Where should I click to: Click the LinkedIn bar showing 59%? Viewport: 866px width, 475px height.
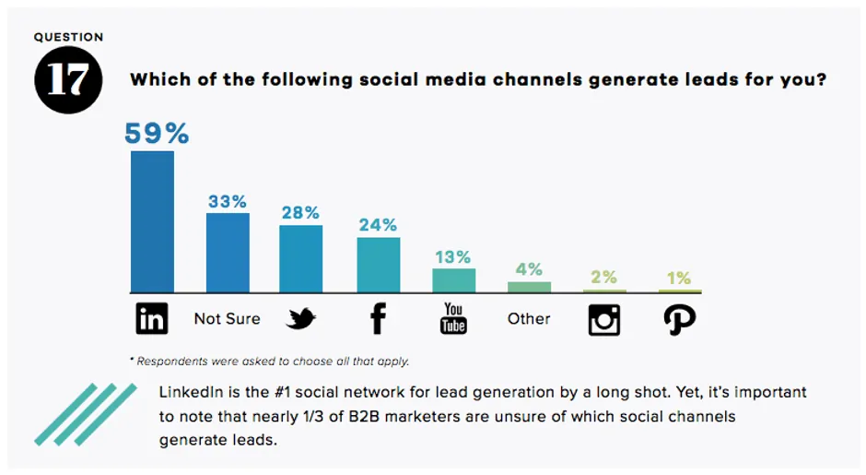[x=152, y=221]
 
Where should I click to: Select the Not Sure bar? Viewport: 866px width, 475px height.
[x=228, y=253]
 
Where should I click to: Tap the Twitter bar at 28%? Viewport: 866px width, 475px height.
[x=300, y=258]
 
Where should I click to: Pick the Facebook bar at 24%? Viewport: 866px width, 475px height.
[x=378, y=265]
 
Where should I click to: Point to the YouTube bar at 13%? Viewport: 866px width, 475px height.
[x=453, y=280]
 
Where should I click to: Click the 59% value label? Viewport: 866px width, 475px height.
[x=157, y=134]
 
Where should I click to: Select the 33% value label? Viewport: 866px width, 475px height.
[x=228, y=201]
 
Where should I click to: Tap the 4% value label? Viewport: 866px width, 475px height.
[x=529, y=270]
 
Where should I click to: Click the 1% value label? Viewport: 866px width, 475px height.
[x=680, y=279]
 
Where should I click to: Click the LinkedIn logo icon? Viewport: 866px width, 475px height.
[x=152, y=319]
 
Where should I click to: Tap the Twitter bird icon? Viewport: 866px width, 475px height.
[x=300, y=319]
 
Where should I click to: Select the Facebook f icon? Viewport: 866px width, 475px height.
[x=377, y=318]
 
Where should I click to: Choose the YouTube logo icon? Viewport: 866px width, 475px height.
[x=453, y=318]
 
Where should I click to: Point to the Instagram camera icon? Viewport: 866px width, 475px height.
[x=604, y=319]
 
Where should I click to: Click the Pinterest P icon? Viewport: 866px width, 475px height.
[x=680, y=319]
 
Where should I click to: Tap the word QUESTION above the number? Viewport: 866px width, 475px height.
[x=68, y=38]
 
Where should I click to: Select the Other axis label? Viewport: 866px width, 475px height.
[x=529, y=318]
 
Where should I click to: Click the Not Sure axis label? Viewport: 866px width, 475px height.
[x=227, y=318]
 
